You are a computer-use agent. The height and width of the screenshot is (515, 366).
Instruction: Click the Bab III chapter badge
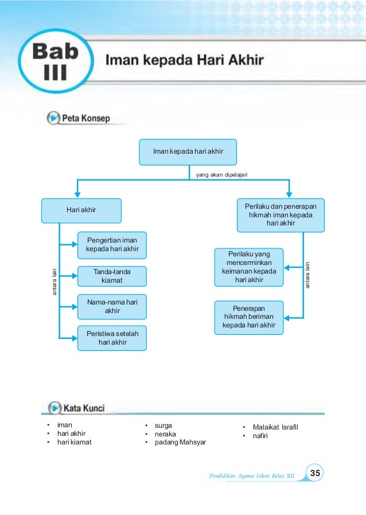(x=56, y=61)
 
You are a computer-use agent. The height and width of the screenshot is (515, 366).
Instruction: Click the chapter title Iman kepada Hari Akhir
(x=184, y=60)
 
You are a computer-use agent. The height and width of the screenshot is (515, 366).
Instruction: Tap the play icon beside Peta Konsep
(x=53, y=118)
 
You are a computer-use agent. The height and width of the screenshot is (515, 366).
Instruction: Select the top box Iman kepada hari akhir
(x=188, y=152)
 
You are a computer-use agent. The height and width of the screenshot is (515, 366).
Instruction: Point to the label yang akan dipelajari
(x=222, y=175)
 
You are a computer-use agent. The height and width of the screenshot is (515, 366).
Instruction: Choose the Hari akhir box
(x=81, y=210)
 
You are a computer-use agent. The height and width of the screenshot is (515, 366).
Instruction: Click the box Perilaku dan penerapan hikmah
(x=281, y=215)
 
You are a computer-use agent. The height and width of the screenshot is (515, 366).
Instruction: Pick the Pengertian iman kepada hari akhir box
(x=112, y=245)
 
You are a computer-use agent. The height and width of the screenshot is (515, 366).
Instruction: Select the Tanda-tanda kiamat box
(x=112, y=276)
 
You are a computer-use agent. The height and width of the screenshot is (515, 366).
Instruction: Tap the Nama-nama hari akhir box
(x=112, y=307)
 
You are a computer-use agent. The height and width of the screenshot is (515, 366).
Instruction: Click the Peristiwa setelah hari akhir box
(x=112, y=338)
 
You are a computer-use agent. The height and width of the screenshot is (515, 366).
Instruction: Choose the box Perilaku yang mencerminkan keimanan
(x=249, y=267)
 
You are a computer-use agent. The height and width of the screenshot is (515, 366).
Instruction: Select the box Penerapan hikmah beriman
(x=249, y=317)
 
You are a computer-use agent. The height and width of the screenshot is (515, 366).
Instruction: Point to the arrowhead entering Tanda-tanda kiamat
(x=74, y=276)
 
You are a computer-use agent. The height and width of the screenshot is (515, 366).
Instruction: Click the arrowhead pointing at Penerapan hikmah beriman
(x=287, y=318)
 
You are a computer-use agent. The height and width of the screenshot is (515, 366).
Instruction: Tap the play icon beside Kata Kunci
(x=54, y=408)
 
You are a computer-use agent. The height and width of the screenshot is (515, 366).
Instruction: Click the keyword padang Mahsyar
(x=180, y=442)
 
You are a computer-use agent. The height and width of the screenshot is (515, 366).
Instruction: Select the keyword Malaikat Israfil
(x=275, y=427)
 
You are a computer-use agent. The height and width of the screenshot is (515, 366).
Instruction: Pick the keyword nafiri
(x=260, y=436)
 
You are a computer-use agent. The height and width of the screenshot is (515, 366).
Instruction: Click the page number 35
(x=315, y=473)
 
